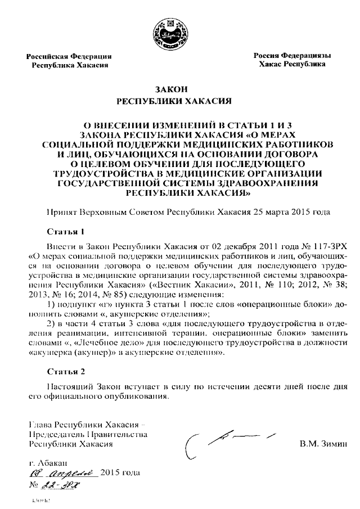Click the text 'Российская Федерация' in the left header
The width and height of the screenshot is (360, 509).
pos(71,56)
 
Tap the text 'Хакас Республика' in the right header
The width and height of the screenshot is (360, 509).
pos(292,65)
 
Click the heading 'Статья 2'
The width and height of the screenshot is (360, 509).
pos(64,372)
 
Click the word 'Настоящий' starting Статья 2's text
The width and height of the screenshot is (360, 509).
pos(65,387)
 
